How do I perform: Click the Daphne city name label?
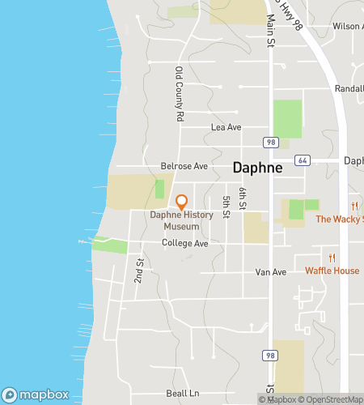tap(257, 168)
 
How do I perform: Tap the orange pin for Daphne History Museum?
tap(182, 201)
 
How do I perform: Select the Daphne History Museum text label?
tap(186, 221)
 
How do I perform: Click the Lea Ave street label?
tap(226, 127)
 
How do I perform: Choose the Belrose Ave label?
tap(184, 166)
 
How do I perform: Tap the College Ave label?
tap(185, 243)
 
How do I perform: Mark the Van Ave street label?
tap(271, 272)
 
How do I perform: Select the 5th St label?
tap(227, 202)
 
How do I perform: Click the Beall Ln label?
tap(182, 393)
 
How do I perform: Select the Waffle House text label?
tap(332, 271)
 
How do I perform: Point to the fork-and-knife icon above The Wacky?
tap(354, 206)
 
